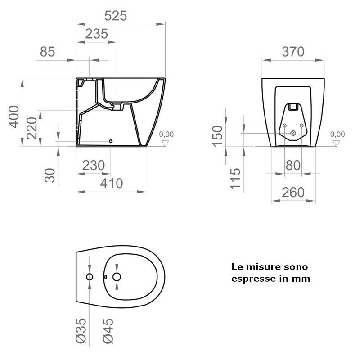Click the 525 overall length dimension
[x=116, y=16]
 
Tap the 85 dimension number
[x=47, y=52]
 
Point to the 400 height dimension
[x=14, y=116]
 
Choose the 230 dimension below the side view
[x=94, y=166]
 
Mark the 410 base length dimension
[x=111, y=184]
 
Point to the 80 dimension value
[x=293, y=166]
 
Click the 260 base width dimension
[x=293, y=193]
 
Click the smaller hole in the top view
[x=90, y=276]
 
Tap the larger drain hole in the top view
[x=117, y=276]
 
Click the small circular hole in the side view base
[x=111, y=141]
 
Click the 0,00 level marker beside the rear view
[x=337, y=134]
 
